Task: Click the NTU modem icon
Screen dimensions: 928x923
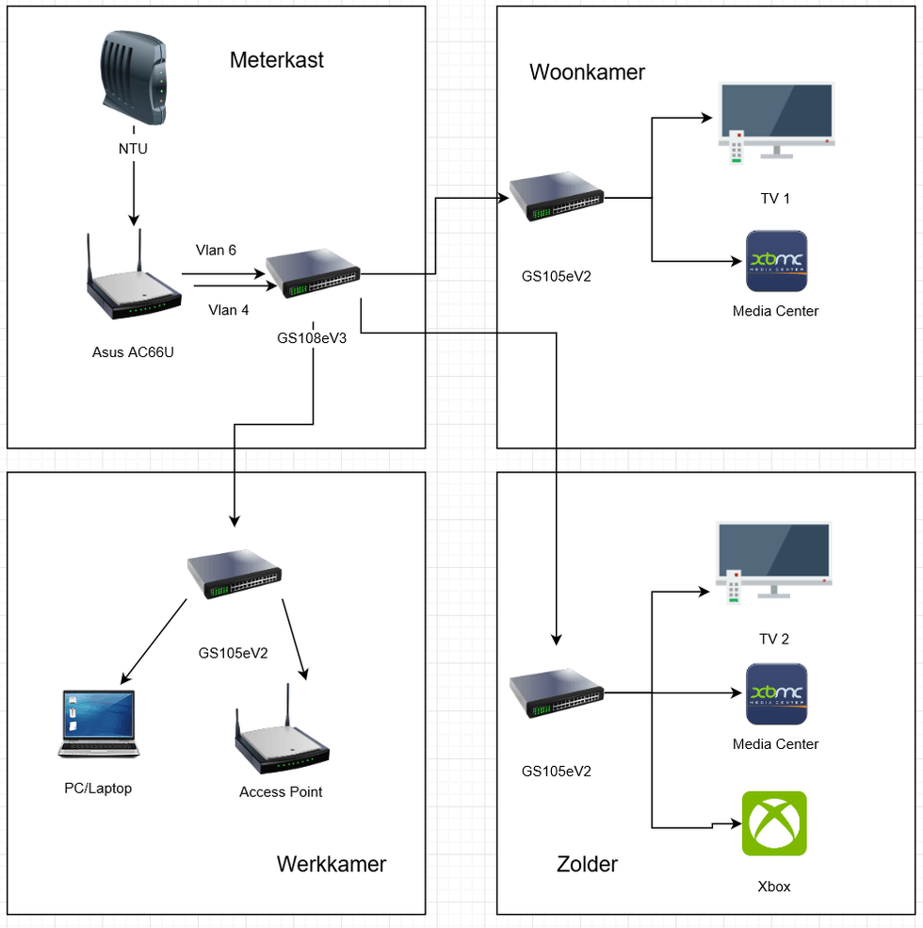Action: pos(133,79)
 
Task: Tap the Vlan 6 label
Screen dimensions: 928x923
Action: pos(216,250)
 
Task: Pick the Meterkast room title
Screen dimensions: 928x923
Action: pos(276,60)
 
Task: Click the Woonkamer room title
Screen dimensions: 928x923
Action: pos(587,73)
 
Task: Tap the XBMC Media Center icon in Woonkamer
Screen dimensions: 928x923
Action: pos(776,261)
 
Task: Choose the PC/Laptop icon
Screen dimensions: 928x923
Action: pos(98,724)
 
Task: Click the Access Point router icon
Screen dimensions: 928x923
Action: pos(282,738)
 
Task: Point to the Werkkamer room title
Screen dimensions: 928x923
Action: pos(331,864)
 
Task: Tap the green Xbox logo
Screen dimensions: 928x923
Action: pos(774,823)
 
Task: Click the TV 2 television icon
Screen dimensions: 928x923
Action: pos(774,562)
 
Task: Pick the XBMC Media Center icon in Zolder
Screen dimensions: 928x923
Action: pos(776,693)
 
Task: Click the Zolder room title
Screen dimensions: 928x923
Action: pos(587,864)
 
